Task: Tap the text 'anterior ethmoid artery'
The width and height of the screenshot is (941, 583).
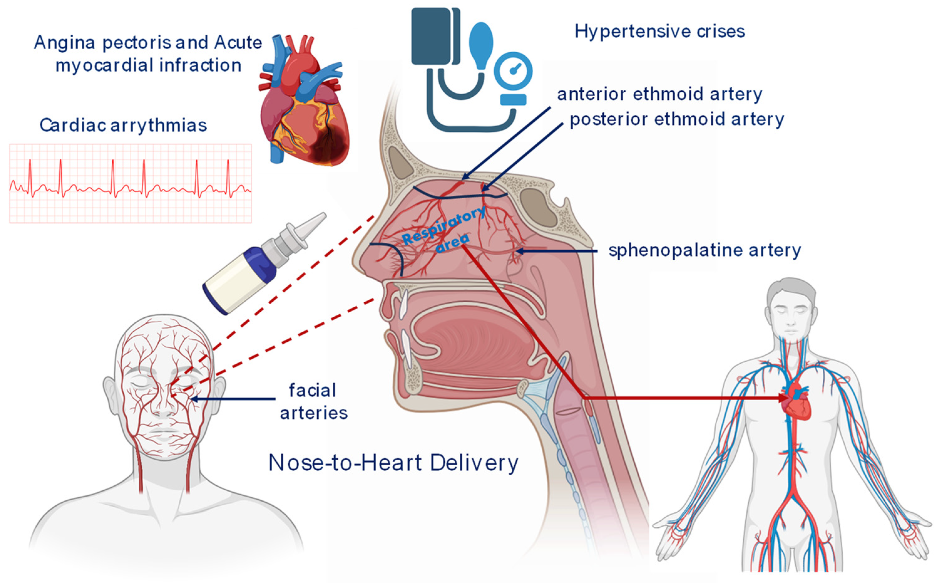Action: pos(659,95)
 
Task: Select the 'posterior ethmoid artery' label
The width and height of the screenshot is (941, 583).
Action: pos(677,120)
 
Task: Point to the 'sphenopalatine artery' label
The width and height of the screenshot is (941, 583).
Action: pos(704,251)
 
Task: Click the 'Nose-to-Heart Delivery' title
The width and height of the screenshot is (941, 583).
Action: pos(393,463)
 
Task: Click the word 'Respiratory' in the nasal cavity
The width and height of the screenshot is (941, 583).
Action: pos(443,226)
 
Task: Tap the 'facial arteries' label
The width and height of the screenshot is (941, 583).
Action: pos(313,401)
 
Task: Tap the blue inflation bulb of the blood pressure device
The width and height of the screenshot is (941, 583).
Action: pos(481,44)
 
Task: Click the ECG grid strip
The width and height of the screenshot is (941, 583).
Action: pos(130,183)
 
